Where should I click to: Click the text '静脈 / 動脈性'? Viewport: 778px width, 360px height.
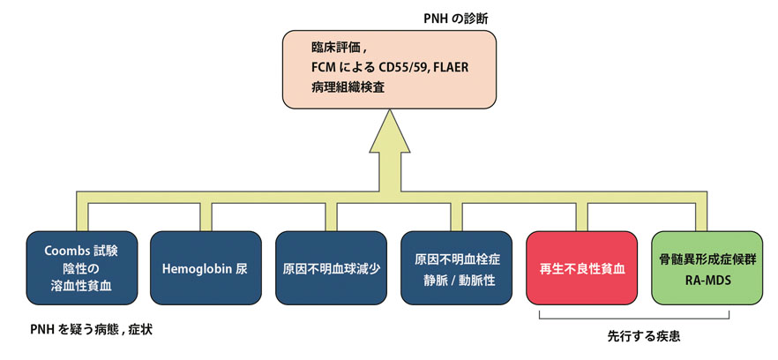(456, 279)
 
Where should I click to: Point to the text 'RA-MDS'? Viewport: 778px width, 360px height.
(706, 279)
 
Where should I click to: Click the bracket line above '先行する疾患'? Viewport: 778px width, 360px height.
(633, 319)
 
